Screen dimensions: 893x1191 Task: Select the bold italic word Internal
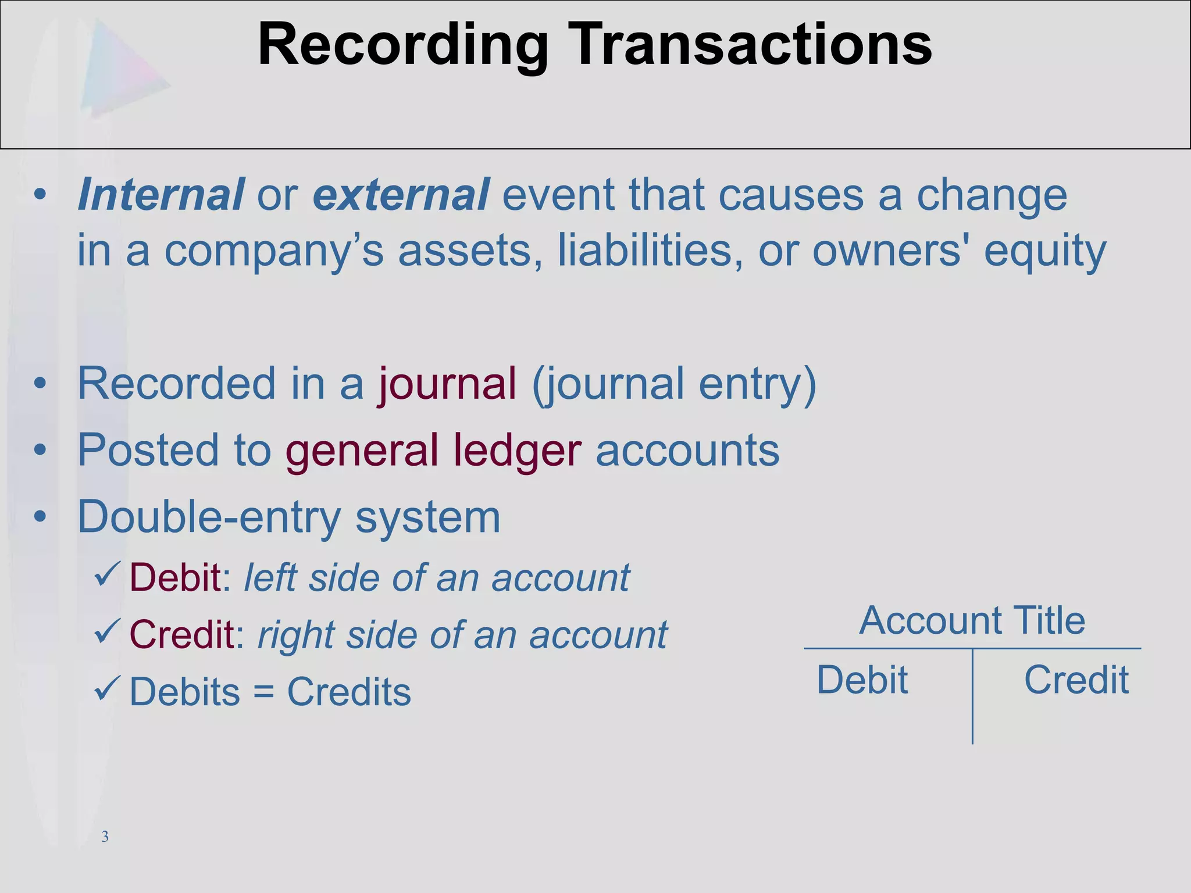(x=161, y=195)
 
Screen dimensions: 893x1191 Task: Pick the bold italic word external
(x=401, y=195)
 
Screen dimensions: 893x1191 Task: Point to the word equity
(x=1044, y=252)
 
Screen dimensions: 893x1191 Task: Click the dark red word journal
(x=447, y=384)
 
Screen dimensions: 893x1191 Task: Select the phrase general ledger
(x=433, y=451)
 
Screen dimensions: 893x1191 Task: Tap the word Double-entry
(x=209, y=517)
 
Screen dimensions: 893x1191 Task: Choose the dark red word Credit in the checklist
(x=181, y=634)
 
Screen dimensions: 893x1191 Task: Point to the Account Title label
(x=972, y=620)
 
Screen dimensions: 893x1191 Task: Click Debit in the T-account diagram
(x=862, y=680)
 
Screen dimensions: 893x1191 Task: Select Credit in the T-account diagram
(x=1076, y=680)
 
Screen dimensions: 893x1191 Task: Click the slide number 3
(x=105, y=837)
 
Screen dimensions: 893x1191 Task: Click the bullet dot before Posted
(x=40, y=450)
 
